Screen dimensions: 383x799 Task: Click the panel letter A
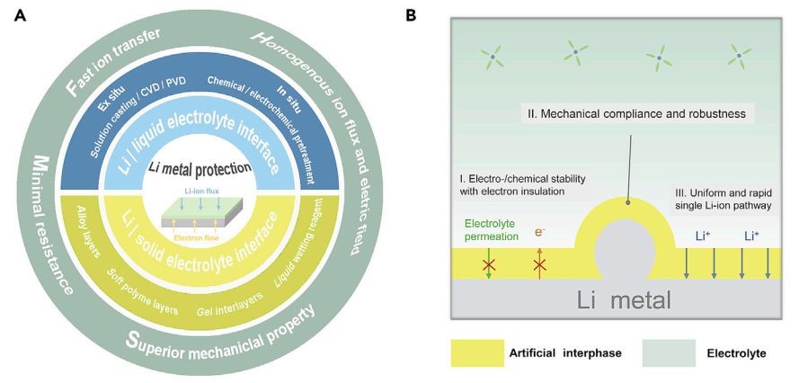[x=21, y=16]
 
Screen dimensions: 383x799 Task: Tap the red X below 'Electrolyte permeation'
[x=489, y=264]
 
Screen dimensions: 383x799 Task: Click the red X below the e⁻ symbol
[x=539, y=264]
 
